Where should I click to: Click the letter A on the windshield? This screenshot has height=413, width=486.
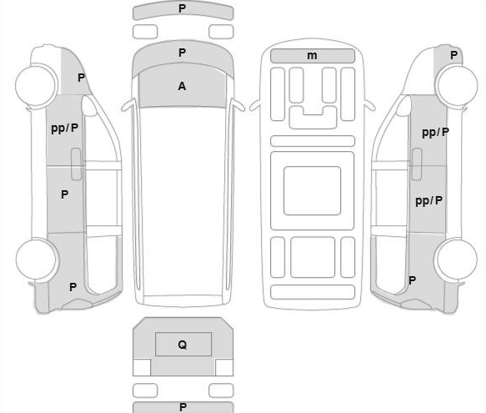point(182,86)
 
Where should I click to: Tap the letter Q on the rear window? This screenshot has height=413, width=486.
point(183,345)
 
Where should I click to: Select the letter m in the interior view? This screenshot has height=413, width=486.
point(312,56)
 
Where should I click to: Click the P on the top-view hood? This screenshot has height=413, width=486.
point(183,53)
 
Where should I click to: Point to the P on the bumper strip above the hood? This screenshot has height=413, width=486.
point(183,8)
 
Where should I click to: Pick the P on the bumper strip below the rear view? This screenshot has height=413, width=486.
point(183,407)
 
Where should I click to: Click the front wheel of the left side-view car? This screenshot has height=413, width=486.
point(37,84)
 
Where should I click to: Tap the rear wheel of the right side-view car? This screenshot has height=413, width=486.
point(457,259)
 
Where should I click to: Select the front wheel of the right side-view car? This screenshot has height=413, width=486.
point(457,86)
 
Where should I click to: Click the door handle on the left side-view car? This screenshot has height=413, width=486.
point(76,164)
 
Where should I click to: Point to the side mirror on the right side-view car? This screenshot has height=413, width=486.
point(403,107)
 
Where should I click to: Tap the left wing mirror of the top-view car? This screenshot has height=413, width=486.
point(128,105)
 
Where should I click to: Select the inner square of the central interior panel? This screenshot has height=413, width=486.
point(312,190)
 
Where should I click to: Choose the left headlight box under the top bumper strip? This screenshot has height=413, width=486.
point(145,32)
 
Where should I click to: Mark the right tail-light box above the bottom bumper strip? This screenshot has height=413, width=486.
point(221,390)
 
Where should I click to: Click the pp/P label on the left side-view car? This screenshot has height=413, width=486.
point(64,128)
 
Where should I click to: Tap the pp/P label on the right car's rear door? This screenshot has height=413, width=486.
point(429,201)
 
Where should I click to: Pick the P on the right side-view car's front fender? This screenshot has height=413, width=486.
point(453,55)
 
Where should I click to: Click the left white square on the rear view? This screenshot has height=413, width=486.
point(142,367)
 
